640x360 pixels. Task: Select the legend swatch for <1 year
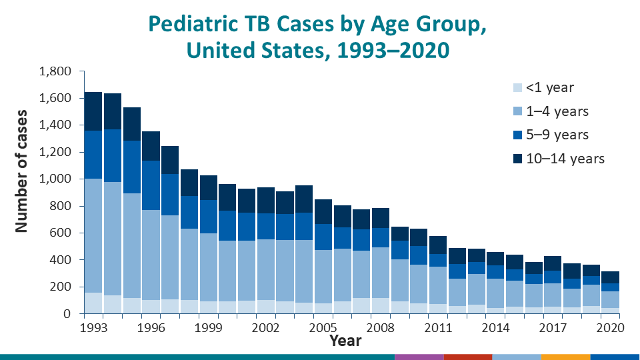point(517,87)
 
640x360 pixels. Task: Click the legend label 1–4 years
point(557,111)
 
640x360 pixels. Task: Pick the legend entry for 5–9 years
point(557,135)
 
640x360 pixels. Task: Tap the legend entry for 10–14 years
point(565,159)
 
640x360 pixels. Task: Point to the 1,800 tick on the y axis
point(57,71)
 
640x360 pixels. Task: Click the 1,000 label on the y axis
point(57,179)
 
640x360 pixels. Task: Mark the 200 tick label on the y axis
point(63,287)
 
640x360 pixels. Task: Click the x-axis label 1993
point(93,327)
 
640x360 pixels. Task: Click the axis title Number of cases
point(22,171)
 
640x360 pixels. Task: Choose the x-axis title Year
point(345,341)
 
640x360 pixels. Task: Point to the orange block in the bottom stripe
point(565,357)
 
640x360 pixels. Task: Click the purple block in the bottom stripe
point(419,357)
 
